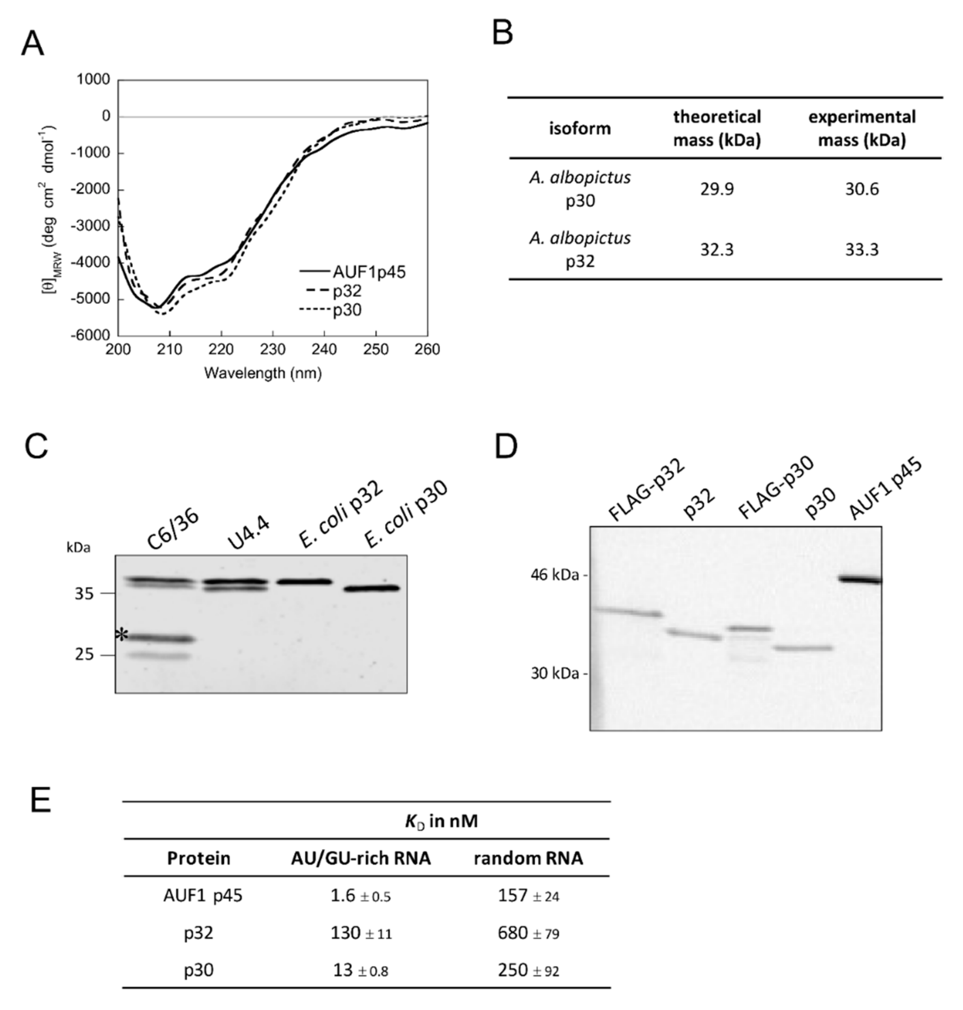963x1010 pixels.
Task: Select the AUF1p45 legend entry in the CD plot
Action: [x=369, y=272]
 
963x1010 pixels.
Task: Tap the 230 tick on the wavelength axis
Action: [x=273, y=350]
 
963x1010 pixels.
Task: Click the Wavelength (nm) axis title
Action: [x=263, y=373]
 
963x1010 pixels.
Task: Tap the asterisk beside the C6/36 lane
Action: [x=121, y=635]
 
